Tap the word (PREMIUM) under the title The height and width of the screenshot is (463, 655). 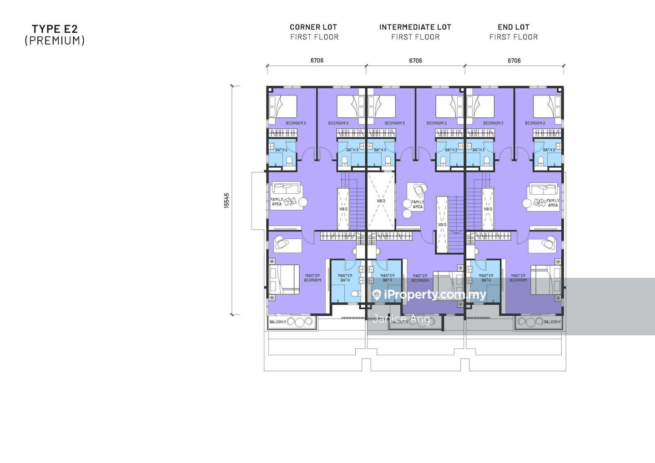point(55,40)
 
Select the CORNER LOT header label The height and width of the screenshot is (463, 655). point(313,27)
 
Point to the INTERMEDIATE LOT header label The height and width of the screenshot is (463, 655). point(415,27)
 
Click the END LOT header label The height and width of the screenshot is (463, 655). point(514,27)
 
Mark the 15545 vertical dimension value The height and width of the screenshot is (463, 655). point(227,201)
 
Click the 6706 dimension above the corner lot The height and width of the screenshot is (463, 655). point(317,60)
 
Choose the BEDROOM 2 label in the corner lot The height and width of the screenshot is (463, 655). point(296,123)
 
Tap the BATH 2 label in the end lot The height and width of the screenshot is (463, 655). point(549,150)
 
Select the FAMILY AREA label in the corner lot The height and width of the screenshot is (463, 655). point(277,201)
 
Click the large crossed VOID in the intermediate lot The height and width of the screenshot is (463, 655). point(381,201)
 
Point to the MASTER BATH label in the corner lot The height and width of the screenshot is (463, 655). point(345,277)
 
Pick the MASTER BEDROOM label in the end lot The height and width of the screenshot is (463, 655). point(518,277)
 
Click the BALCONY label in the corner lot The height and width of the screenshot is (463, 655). point(278,322)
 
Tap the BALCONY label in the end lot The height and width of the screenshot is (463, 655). point(552,322)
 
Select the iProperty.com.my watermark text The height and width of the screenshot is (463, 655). point(435,295)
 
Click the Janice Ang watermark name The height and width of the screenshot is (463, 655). point(400,318)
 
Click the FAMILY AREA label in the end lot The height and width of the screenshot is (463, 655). point(553,202)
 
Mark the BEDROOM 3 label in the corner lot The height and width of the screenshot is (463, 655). point(338,123)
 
